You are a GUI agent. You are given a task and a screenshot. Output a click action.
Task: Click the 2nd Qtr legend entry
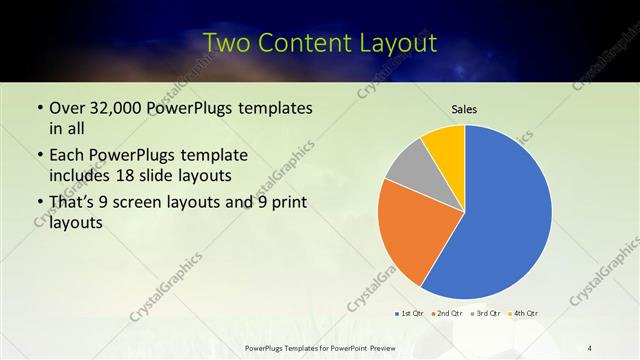[446, 313]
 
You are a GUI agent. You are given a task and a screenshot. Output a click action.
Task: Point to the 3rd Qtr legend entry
[485, 313]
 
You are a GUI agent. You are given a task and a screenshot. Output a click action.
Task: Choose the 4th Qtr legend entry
[523, 313]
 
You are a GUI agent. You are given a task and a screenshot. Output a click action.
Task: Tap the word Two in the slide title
[227, 43]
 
